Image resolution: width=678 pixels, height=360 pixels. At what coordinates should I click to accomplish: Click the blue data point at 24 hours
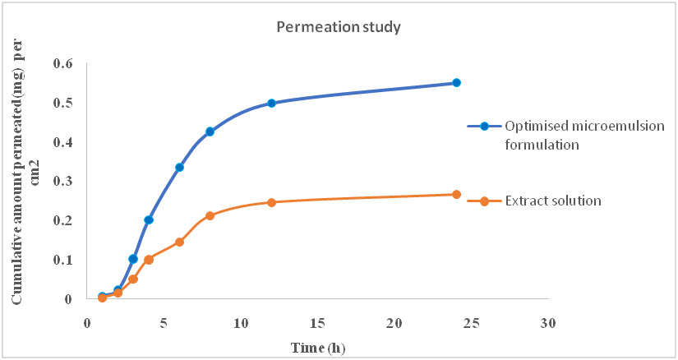coord(457,83)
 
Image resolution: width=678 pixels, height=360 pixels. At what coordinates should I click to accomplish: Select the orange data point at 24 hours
coord(457,195)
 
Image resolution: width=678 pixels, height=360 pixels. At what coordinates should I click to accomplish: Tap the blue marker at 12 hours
coord(272,103)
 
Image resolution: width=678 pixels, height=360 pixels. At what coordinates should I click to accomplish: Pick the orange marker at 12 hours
coord(272,202)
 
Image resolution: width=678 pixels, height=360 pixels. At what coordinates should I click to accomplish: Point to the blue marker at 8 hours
coord(210,132)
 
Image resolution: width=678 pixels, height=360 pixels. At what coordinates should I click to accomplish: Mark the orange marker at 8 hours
coord(210,215)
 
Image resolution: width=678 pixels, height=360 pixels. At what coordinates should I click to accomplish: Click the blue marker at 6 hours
coord(179,167)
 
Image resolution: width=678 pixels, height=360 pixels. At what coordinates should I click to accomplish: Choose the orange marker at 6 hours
coord(179,242)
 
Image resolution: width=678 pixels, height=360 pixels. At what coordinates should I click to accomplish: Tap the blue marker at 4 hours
coord(149,219)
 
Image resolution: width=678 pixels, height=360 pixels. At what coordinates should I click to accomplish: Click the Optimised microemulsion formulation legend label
coord(567,135)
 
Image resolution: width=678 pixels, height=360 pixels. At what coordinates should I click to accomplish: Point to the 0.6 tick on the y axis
coord(63,63)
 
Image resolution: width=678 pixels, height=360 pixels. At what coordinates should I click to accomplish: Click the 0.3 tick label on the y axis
coord(63,182)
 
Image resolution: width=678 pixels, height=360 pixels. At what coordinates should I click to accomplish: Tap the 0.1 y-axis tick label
coord(63,260)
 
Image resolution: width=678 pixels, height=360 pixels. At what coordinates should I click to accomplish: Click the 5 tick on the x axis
coord(164,322)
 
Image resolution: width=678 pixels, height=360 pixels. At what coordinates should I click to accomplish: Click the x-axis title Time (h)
coord(318,347)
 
